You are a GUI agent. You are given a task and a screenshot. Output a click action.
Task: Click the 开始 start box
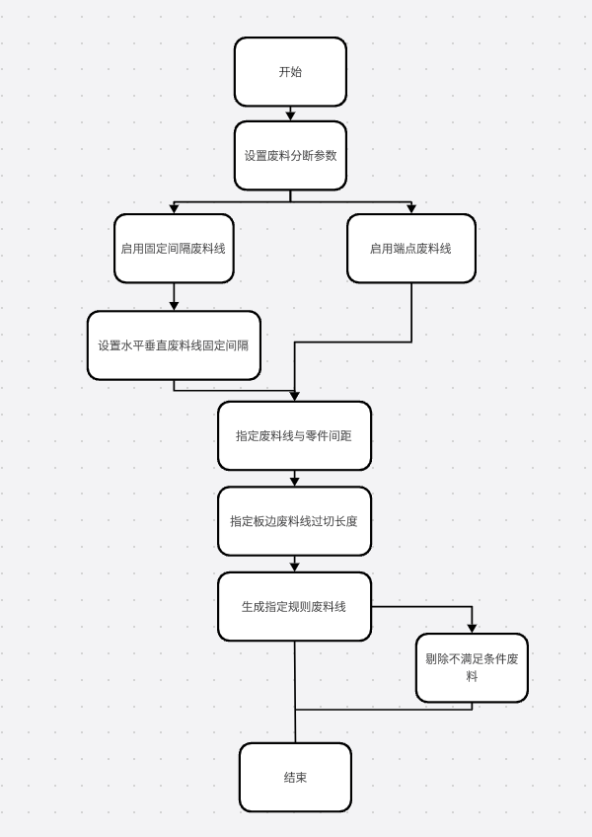(290, 71)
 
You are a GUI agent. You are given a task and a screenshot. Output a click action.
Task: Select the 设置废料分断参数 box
(290, 155)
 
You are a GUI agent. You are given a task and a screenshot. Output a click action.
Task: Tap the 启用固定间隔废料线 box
(174, 248)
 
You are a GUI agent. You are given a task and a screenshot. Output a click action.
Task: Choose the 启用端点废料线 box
(411, 248)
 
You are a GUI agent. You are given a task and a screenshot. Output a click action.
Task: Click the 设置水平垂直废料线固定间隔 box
(174, 345)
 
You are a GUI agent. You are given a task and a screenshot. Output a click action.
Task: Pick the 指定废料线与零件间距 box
(294, 435)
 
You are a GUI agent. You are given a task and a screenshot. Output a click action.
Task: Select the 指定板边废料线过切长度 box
(294, 521)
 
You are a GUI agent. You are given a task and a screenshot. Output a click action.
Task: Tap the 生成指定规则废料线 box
(294, 606)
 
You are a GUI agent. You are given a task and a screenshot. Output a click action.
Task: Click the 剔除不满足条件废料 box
(472, 668)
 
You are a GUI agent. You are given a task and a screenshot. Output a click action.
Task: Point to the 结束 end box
(295, 777)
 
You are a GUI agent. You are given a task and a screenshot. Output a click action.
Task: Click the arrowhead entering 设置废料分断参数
(290, 116)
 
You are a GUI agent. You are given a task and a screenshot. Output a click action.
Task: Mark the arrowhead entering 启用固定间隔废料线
(174, 208)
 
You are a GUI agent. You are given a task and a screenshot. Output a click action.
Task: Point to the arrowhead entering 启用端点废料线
(411, 208)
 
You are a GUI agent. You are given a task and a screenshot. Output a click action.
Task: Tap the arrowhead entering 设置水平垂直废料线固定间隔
(174, 306)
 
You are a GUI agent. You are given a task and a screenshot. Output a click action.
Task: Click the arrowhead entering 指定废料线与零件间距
(294, 397)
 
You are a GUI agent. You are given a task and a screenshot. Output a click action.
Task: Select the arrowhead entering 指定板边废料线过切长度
(294, 482)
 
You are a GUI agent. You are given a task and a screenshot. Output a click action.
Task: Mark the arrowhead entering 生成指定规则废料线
(294, 568)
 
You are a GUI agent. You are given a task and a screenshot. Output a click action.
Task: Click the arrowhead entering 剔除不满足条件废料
(472, 629)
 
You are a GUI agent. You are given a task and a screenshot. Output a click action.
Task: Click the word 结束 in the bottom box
(295, 777)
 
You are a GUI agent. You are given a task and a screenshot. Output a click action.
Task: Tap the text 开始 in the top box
(290, 71)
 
